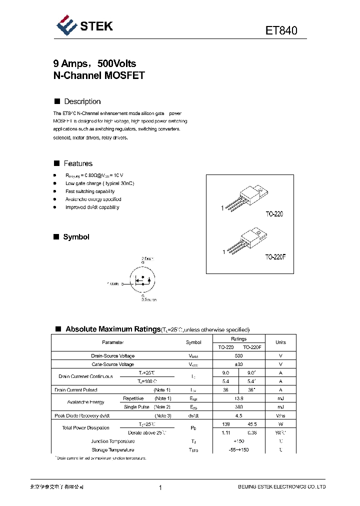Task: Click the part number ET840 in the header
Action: [281, 30]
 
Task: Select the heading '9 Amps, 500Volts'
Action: [94, 63]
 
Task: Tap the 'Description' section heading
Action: [82, 101]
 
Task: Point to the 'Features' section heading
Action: [78, 163]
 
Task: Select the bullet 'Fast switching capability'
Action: [90, 191]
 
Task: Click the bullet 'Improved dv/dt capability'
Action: [92, 207]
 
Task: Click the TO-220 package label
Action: [274, 213]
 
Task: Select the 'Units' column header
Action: [280, 342]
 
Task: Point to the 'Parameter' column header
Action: [112, 342]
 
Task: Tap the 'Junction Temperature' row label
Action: [112, 441]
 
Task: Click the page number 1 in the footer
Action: [160, 487]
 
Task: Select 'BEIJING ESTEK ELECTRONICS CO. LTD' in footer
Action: [281, 487]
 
